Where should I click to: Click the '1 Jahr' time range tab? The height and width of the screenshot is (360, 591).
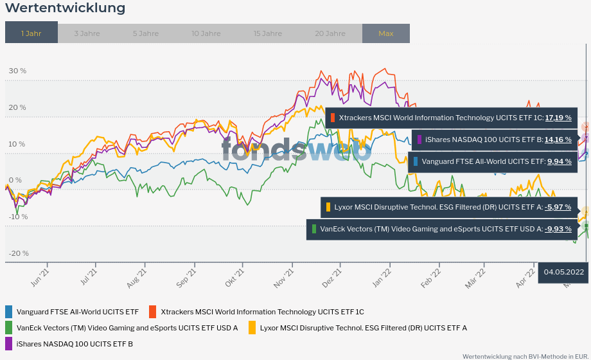click(x=31, y=33)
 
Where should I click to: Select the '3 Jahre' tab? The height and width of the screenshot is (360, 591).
click(x=87, y=33)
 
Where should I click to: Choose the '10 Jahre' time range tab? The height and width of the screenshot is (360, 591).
click(x=206, y=33)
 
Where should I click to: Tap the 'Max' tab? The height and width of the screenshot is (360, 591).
click(x=386, y=33)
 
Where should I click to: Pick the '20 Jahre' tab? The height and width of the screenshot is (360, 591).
click(x=330, y=33)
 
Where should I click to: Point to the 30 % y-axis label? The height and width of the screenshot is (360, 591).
click(x=17, y=71)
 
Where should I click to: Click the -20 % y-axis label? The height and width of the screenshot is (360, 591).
click(x=19, y=253)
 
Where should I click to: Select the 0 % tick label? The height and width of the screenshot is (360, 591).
click(x=15, y=180)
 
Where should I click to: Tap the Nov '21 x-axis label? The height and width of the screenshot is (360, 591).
click(x=284, y=281)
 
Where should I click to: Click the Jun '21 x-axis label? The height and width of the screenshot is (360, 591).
click(x=40, y=281)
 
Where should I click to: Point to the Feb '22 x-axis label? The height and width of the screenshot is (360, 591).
click(x=431, y=281)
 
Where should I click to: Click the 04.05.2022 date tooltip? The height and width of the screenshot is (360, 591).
click(x=563, y=272)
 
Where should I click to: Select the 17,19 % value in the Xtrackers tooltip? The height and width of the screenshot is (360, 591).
click(x=558, y=118)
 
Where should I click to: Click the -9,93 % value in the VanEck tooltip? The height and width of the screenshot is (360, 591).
click(x=558, y=229)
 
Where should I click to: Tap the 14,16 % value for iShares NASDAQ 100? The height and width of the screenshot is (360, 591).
click(x=558, y=139)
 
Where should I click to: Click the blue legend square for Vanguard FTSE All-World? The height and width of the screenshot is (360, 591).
click(x=8, y=312)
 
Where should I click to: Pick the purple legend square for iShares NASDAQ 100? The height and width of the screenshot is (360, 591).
click(x=8, y=344)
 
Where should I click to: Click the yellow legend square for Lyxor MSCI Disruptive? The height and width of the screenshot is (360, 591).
click(x=252, y=328)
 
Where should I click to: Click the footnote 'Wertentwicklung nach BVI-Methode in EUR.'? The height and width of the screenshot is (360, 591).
click(x=525, y=355)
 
